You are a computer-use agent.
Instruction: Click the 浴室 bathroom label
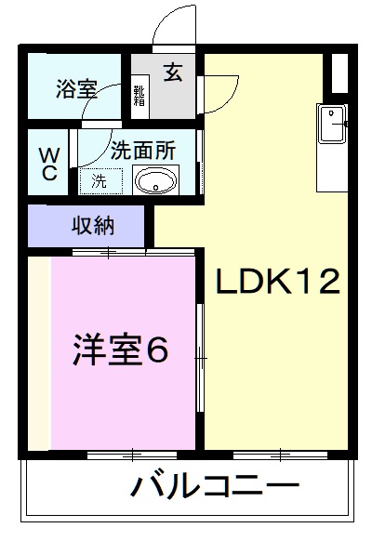[x=76, y=90]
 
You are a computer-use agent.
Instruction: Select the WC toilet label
[x=48, y=163]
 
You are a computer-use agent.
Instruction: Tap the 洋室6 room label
[x=120, y=350]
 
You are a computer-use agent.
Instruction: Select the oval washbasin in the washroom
[x=154, y=179]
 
